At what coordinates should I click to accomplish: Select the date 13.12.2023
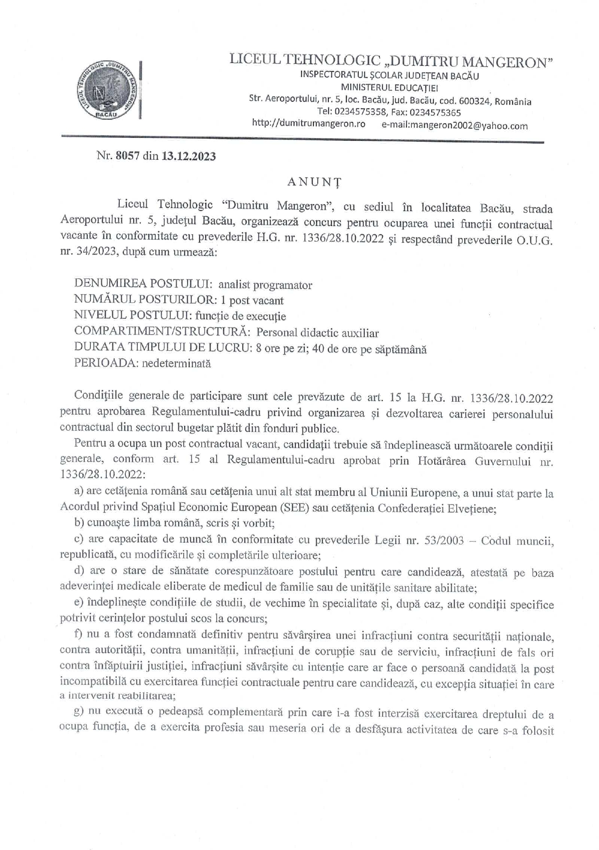(x=189, y=156)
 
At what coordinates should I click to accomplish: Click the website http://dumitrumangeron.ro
(x=308, y=124)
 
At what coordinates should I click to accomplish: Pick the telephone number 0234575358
(x=356, y=112)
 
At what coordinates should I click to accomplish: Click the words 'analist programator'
(x=265, y=285)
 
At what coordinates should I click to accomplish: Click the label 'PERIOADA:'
(x=106, y=363)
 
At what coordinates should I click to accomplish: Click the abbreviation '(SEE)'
(x=295, y=508)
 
